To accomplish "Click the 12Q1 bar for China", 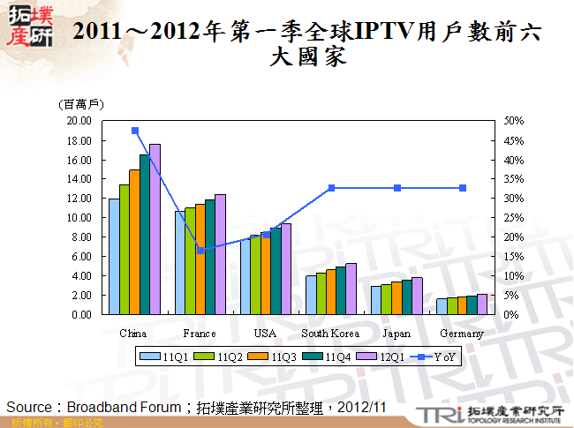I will pyautogui.click(x=155, y=229).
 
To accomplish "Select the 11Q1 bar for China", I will pyautogui.click(x=114, y=257).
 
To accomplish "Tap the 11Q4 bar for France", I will pyautogui.click(x=209, y=257).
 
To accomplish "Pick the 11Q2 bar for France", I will pyautogui.click(x=190, y=261).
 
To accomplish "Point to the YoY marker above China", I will pyautogui.click(x=135, y=131).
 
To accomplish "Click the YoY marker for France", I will pyautogui.click(x=200, y=251).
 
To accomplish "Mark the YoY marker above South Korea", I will pyautogui.click(x=331, y=188).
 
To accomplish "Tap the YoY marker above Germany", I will pyautogui.click(x=462, y=188).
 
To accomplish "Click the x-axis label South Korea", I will pyautogui.click(x=330, y=334).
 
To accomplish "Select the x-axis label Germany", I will pyautogui.click(x=462, y=334).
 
